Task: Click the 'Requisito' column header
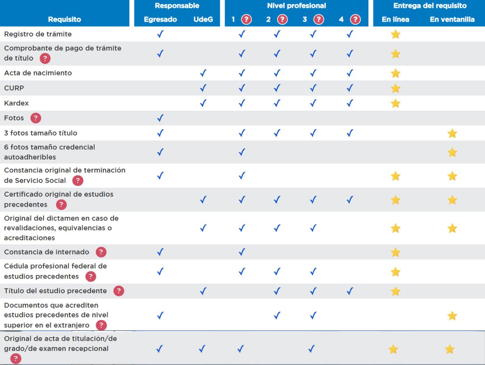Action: [x=64, y=19]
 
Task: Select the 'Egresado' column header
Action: [x=160, y=19]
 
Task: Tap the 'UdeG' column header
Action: [x=203, y=19]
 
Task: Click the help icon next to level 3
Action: [x=319, y=19]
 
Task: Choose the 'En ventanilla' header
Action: [x=452, y=19]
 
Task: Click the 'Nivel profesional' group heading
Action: [x=296, y=6]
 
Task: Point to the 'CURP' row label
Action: [x=14, y=88]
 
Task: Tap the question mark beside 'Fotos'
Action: [x=36, y=118]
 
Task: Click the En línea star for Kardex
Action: [x=396, y=103]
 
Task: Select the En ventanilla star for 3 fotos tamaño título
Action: [x=452, y=133]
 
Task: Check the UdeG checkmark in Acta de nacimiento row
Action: [x=203, y=73]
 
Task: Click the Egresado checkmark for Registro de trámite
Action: [x=160, y=34]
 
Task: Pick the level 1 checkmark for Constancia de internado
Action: [x=242, y=252]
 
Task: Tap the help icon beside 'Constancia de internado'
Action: [x=101, y=252]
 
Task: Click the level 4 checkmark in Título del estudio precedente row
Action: [x=350, y=291]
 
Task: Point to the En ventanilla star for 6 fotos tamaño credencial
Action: [x=452, y=152]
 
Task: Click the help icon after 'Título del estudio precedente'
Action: [x=119, y=291]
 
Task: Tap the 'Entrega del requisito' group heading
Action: [x=430, y=6]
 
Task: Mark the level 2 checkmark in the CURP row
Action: [x=277, y=88]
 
